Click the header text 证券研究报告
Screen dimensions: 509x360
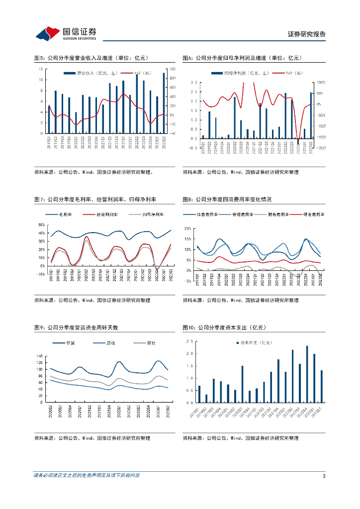307,34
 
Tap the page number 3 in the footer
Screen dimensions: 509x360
324,476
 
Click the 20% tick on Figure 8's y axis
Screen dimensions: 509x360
187,229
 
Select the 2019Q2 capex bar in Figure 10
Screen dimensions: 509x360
206,399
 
